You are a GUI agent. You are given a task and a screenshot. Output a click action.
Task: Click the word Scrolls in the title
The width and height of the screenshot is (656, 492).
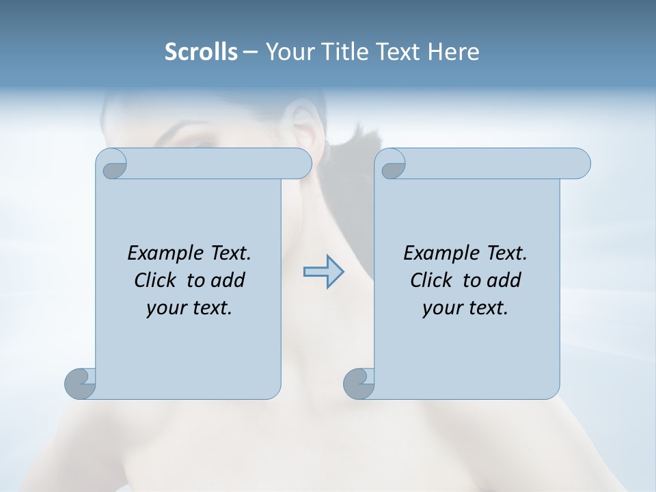point(201,52)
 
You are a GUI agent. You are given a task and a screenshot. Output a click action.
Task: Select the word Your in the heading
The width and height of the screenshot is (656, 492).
point(290,52)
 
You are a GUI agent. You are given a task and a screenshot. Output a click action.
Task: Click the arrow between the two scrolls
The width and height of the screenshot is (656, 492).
point(323,272)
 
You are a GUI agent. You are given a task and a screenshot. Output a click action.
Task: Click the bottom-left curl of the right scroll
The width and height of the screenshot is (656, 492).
point(359,384)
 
